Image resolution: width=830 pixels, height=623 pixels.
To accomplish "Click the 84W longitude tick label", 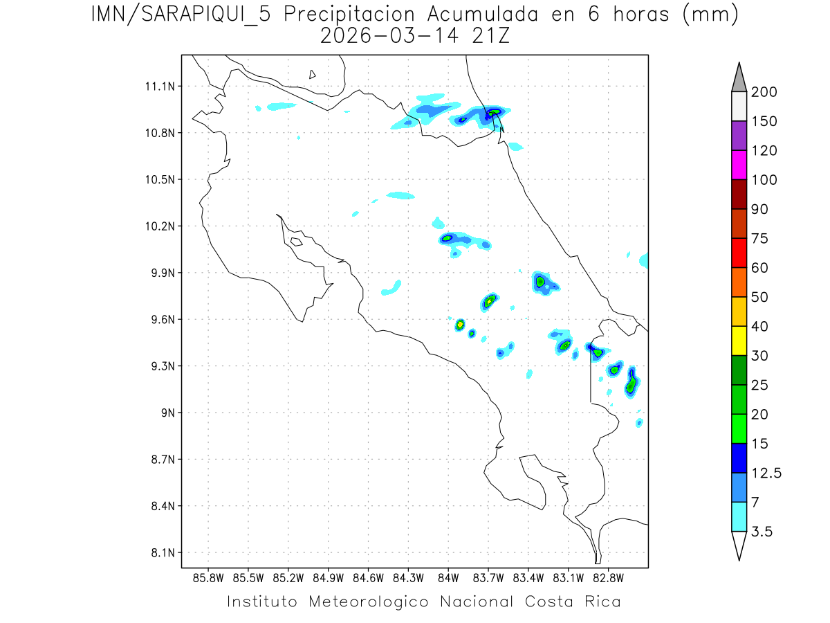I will (x=448, y=577).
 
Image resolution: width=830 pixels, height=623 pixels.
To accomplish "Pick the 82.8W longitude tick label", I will (x=608, y=577).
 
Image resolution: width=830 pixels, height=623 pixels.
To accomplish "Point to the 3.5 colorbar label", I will (x=762, y=532).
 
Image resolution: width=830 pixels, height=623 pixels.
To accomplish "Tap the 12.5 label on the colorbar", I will (x=766, y=473).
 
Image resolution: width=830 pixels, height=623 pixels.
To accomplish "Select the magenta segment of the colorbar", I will (x=739, y=165).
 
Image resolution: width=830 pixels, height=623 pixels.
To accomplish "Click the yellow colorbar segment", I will (x=739, y=341).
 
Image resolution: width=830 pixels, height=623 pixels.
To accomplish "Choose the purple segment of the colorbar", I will (x=739, y=136).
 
